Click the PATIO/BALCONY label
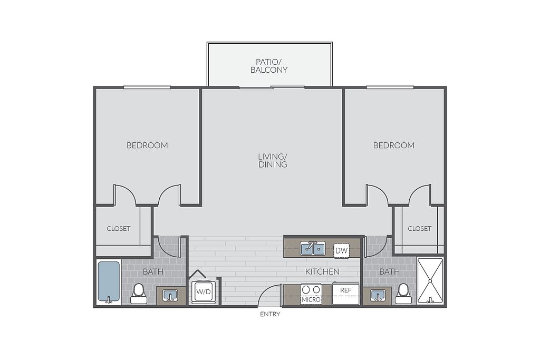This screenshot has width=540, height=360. pyautogui.click(x=269, y=66)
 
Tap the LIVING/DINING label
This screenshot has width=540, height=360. pyautogui.click(x=273, y=160)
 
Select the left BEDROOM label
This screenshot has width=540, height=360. pyautogui.click(x=148, y=145)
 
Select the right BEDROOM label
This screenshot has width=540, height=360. pyautogui.click(x=394, y=145)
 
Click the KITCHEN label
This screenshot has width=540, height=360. pyautogui.click(x=322, y=271)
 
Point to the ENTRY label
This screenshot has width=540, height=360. pyautogui.click(x=270, y=314)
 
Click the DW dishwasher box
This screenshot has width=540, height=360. pyautogui.click(x=342, y=250)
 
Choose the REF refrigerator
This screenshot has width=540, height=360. pyautogui.click(x=346, y=294)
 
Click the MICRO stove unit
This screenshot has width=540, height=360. pyautogui.click(x=311, y=294)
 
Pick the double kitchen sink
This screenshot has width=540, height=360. pyautogui.click(x=313, y=248)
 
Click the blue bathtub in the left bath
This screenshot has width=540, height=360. pyautogui.click(x=109, y=281)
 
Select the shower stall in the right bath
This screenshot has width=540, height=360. pyautogui.click(x=430, y=281)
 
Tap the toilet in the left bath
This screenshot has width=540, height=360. pyautogui.click(x=139, y=294)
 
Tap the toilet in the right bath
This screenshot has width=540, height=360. pyautogui.click(x=403, y=294)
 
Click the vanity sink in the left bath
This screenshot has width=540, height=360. pyautogui.click(x=170, y=296)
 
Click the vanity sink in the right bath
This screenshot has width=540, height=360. pyautogui.click(x=378, y=296)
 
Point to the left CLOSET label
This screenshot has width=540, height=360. pyautogui.click(x=119, y=229)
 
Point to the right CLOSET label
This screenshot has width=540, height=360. pyautogui.click(x=419, y=229)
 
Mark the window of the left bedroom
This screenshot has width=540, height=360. pyautogui.click(x=147, y=87)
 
